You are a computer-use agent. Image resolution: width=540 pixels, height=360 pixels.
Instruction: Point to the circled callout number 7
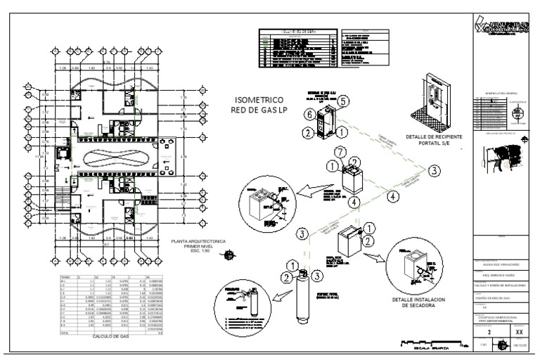click(339, 153)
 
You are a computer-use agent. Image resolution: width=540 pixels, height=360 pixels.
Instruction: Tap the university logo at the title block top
click(501, 27)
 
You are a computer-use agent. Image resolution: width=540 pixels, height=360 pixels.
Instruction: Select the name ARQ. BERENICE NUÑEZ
click(501, 275)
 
